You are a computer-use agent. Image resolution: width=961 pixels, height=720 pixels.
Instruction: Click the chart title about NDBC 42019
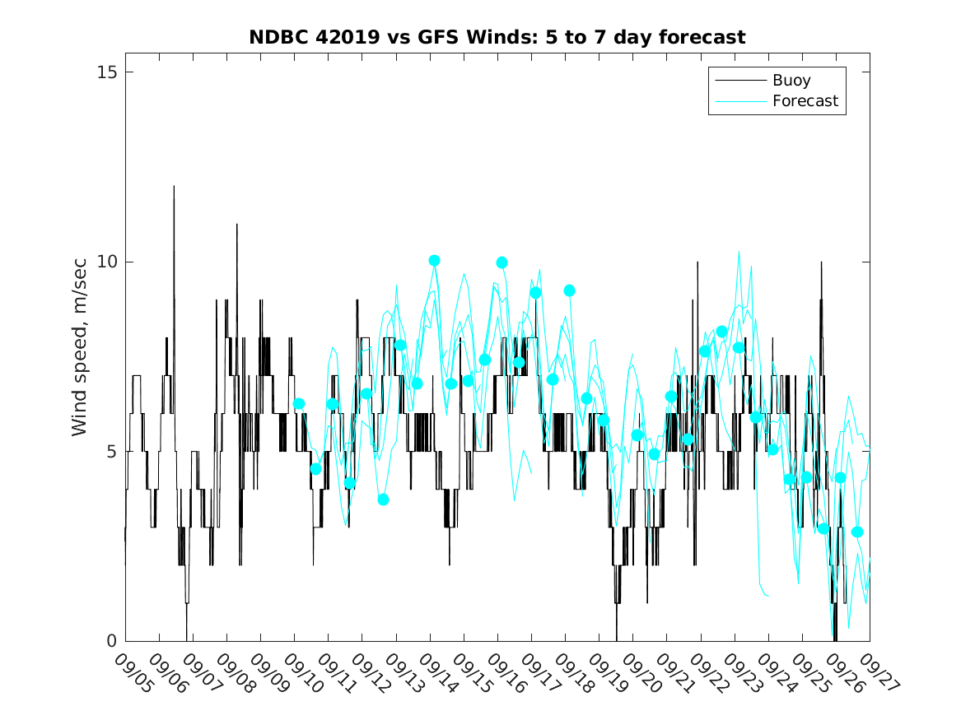[x=497, y=38]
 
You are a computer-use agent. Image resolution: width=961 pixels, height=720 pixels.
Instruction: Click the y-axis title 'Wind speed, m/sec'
[x=79, y=356]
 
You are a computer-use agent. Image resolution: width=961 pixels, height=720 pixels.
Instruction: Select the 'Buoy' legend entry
[x=791, y=81]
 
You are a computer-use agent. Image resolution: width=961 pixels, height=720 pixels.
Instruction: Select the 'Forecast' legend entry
[x=805, y=101]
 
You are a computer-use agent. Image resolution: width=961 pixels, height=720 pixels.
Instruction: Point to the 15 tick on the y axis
[x=107, y=72]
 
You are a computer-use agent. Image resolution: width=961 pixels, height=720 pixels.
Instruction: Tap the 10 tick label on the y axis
[x=107, y=262]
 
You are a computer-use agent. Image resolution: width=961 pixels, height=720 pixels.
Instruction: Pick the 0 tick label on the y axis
[x=112, y=641]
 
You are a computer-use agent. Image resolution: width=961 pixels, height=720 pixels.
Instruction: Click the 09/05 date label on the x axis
[x=132, y=674]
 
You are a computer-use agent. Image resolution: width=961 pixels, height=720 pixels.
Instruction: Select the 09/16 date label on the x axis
[x=504, y=674]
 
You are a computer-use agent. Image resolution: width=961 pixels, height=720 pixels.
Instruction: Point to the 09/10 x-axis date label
[x=301, y=674]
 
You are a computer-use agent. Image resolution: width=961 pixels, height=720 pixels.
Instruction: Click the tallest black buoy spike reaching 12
[x=174, y=188]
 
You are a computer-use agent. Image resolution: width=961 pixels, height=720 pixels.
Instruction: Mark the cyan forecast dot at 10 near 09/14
[x=434, y=261]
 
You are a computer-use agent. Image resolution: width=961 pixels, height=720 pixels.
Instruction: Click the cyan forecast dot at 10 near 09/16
[x=501, y=262]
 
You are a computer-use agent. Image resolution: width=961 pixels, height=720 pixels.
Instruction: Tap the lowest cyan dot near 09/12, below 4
[x=383, y=499]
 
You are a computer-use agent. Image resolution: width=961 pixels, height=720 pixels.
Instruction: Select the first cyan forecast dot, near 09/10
[x=299, y=403]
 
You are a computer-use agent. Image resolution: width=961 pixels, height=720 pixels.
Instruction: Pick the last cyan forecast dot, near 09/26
[x=856, y=532]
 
